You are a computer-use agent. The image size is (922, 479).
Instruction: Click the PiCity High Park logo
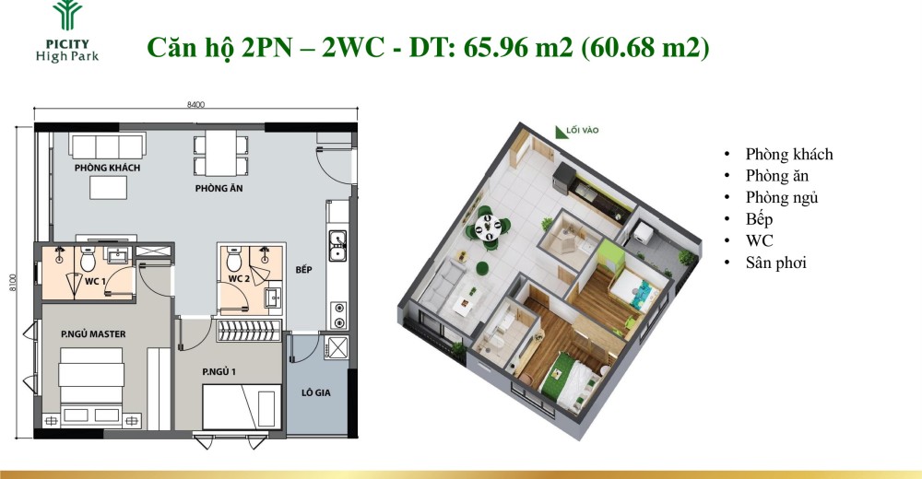(x=67, y=31)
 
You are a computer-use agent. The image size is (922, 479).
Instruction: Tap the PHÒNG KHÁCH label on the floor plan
(x=108, y=168)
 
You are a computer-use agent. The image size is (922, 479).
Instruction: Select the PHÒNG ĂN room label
(x=219, y=189)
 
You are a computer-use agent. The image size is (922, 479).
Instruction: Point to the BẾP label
(x=303, y=270)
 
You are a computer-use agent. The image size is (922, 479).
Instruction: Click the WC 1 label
(x=95, y=282)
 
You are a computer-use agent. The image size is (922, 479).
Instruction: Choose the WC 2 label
(x=240, y=278)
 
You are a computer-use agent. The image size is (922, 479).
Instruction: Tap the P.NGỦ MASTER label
(x=93, y=334)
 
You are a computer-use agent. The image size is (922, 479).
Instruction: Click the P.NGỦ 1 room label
(x=219, y=372)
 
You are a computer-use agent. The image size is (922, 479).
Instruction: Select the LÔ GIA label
(x=315, y=392)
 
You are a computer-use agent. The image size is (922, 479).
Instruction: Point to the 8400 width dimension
(x=195, y=105)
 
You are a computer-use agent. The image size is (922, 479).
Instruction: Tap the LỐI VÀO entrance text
(x=582, y=131)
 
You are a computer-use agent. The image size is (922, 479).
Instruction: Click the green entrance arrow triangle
(x=561, y=133)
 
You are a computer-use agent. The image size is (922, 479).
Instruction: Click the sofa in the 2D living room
(x=107, y=146)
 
